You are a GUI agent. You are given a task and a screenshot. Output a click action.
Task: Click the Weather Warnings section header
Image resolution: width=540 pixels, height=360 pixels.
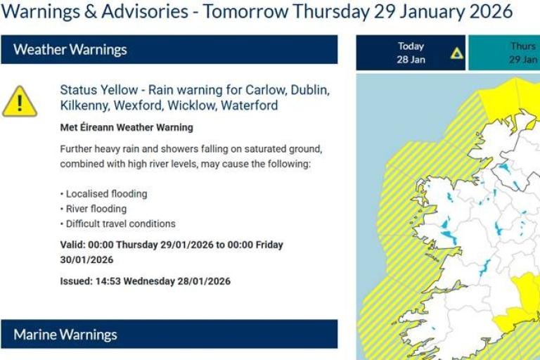coord(70,50)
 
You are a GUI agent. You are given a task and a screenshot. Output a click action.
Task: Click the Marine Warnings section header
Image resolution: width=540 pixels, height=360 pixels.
coord(65,335)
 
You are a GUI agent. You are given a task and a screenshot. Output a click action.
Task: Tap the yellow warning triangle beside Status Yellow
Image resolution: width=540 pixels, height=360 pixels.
coord(20,102)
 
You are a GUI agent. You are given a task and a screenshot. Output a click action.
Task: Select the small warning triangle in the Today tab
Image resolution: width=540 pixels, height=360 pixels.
coord(457,53)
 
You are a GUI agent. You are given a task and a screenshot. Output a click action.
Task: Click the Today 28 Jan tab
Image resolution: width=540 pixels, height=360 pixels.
coord(411,53)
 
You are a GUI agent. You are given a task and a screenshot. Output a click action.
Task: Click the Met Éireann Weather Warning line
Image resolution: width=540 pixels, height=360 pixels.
coord(127,128)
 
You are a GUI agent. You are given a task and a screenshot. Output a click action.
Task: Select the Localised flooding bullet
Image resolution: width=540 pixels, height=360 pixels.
coord(106,193)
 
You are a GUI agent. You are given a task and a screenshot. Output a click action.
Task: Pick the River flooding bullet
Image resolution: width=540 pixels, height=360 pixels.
coord(96,209)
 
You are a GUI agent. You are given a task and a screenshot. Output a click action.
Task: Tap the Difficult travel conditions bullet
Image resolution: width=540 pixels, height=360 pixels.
coord(120,224)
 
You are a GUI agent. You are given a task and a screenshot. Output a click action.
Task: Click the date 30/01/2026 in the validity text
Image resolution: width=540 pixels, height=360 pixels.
coord(86,259)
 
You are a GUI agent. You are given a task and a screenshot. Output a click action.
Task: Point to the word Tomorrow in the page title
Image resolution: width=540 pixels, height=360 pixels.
coord(246,12)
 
